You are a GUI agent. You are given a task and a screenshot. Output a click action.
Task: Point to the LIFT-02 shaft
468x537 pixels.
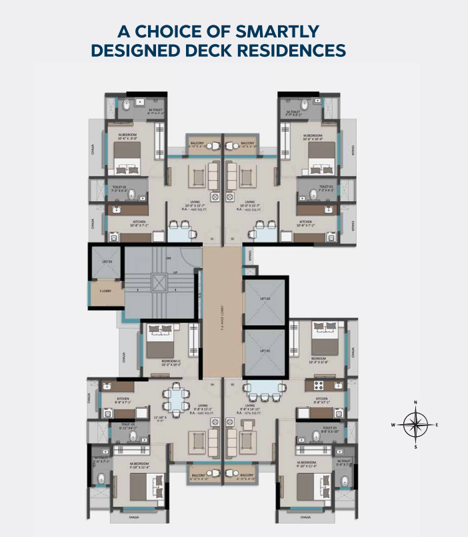(x=264, y=299)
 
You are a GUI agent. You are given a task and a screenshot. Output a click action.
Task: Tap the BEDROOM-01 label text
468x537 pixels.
(x=171, y=363)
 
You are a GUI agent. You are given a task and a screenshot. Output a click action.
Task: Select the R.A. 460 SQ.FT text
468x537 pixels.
(x=191, y=209)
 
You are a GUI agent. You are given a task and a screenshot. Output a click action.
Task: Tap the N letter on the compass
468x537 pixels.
(x=416, y=402)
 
